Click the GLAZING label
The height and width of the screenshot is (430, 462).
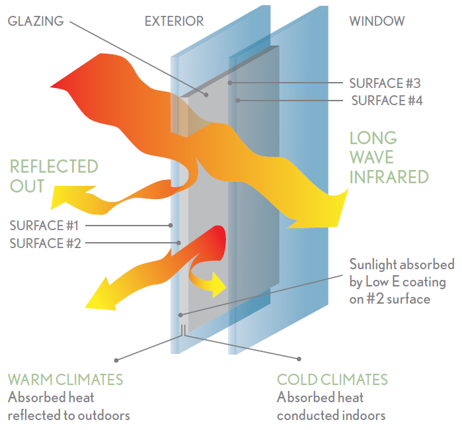(x=36, y=21)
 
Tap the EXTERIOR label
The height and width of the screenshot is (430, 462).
(x=174, y=21)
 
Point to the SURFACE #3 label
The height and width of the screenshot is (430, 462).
(x=385, y=84)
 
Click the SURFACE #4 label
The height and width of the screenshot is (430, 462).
(x=387, y=101)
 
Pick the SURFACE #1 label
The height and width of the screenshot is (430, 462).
(x=45, y=225)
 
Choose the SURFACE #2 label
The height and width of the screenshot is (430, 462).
(x=45, y=243)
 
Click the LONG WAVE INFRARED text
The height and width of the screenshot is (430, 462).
(x=388, y=157)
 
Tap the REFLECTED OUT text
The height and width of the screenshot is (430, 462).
(x=54, y=175)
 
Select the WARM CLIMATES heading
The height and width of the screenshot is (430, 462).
(x=65, y=380)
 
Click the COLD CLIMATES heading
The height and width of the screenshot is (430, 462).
(x=332, y=380)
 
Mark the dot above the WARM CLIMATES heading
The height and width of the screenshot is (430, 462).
(x=116, y=360)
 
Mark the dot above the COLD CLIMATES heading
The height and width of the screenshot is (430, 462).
(x=299, y=360)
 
